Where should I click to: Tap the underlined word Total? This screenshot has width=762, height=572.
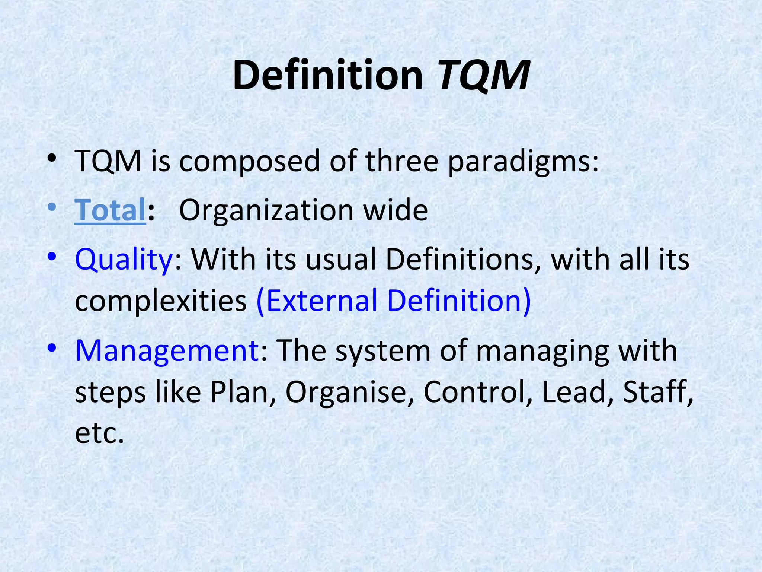pyautogui.click(x=110, y=210)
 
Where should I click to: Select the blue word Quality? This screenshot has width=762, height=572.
pyautogui.click(x=124, y=260)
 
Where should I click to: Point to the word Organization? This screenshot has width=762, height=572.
pyautogui.click(x=266, y=210)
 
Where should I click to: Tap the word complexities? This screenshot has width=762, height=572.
pyautogui.click(x=161, y=301)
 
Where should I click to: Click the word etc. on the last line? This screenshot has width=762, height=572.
pyautogui.click(x=99, y=433)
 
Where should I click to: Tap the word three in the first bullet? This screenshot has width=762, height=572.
pyautogui.click(x=402, y=161)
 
